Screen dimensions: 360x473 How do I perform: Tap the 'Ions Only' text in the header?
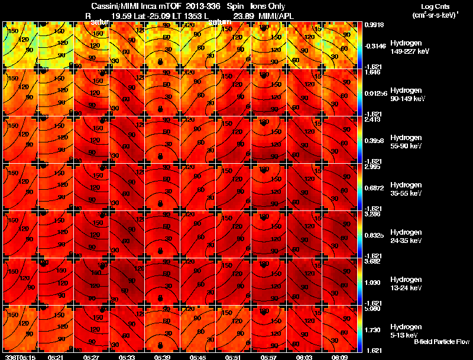click(x=272, y=7)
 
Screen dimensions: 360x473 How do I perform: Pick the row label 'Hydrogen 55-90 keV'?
click(x=406, y=142)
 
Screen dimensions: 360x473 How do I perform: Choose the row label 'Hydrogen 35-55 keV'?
click(x=406, y=189)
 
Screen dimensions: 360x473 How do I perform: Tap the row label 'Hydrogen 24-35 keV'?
click(x=406, y=236)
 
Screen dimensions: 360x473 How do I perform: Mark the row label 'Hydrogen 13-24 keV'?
click(x=406, y=284)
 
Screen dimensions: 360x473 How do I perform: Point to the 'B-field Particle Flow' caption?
click(x=441, y=342)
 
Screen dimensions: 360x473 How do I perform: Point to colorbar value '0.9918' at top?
click(x=374, y=25)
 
